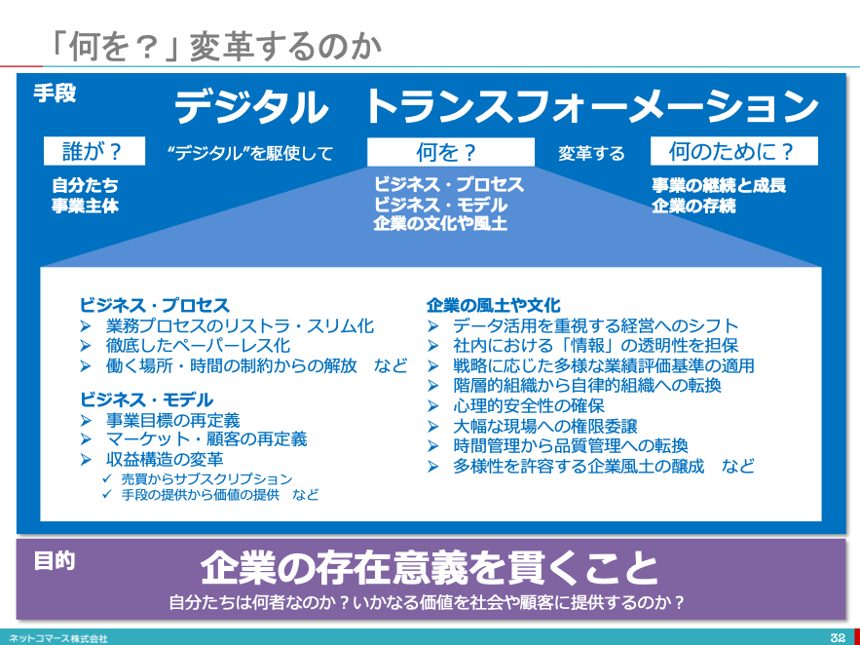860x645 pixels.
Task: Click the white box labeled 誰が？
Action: pos(94,151)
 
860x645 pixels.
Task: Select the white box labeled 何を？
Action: pos(451,151)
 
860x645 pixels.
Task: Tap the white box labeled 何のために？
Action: pos(733,151)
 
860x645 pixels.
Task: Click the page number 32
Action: pos(838,638)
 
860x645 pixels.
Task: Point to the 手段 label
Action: pos(55,94)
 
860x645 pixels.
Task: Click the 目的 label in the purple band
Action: pos(55,561)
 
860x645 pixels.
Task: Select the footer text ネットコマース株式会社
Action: pos(58,638)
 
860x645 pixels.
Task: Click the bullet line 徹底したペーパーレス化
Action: pos(198,346)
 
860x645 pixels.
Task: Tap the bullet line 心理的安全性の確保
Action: pos(529,406)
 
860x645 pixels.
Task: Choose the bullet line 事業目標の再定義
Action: pos(172,421)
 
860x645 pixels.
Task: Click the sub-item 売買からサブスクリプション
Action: pos(206,479)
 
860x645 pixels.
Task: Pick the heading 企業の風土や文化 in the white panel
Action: pos(494,305)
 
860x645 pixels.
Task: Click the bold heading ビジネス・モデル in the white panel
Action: pos(146,399)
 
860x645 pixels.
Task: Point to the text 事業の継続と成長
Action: pos(719,185)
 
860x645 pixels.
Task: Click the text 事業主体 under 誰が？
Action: pos(86,207)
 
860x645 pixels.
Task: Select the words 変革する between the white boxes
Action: pos(591,153)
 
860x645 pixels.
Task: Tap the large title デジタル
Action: pos(251,107)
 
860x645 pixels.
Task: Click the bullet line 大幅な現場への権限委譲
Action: pos(545,426)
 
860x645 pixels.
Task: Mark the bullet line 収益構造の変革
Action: pos(165,460)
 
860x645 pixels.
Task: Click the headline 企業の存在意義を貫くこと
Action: pos(429,569)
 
